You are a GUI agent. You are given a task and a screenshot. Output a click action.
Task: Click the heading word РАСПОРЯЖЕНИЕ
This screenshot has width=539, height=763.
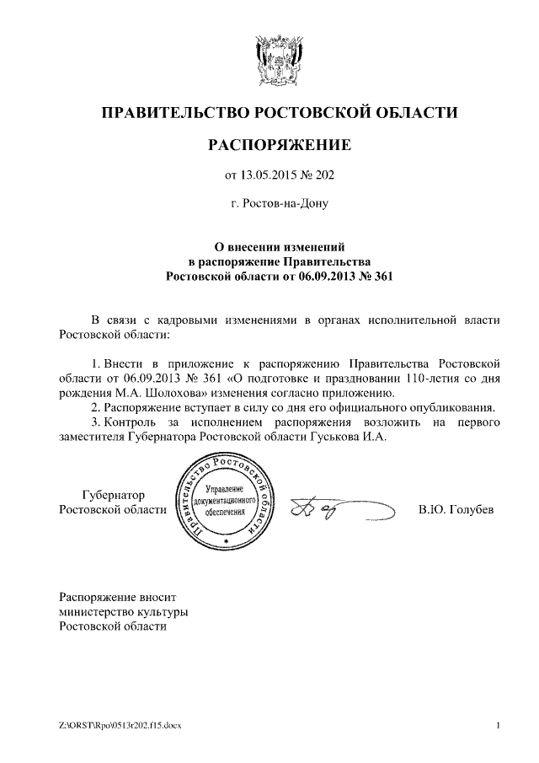pos(279,145)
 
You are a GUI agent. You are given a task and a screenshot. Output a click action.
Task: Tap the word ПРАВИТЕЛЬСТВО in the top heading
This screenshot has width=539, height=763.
pos(176,112)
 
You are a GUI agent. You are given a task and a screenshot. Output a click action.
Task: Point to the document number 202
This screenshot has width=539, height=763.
pos(324,176)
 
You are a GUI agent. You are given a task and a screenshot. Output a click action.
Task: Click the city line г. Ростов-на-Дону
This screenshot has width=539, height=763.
pos(279,203)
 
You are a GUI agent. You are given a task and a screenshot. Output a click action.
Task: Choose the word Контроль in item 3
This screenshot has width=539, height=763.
pos(130,422)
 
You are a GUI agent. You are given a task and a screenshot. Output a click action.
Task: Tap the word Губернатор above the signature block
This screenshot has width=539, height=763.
pos(113,495)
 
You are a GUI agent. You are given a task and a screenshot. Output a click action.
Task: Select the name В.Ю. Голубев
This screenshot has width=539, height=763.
pos(456,509)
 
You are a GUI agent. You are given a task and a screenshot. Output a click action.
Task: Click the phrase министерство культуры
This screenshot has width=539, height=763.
pos(123,610)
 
